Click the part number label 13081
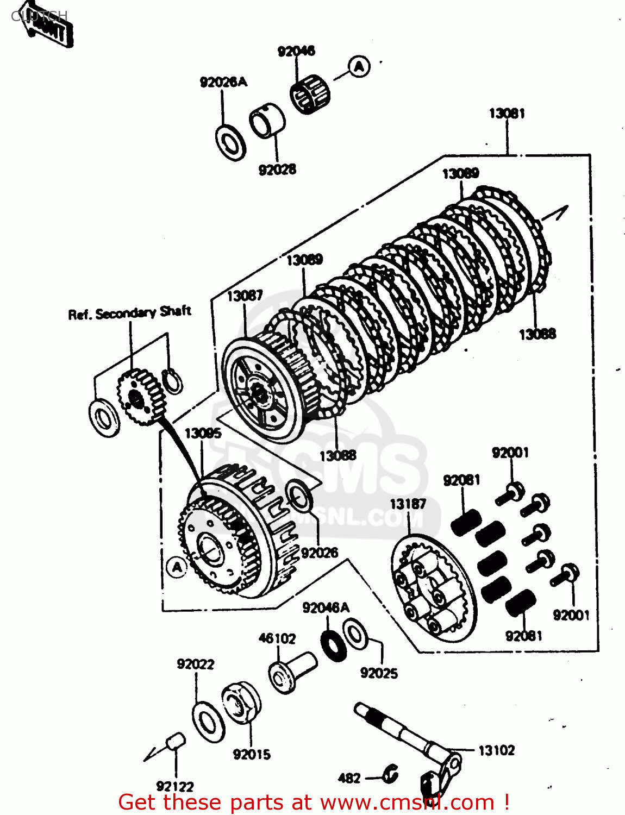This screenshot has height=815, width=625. [507, 113]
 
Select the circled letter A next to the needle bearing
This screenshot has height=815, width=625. [359, 67]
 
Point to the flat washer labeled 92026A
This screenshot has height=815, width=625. [231, 142]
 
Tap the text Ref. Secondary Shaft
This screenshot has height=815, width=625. [129, 313]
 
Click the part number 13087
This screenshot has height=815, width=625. [245, 296]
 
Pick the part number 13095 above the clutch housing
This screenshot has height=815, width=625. [203, 433]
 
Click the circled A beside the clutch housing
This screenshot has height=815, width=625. [177, 568]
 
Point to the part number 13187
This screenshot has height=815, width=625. [408, 504]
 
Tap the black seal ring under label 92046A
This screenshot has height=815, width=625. [333, 644]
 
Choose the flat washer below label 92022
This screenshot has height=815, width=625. [208, 722]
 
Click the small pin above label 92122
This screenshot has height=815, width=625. [175, 741]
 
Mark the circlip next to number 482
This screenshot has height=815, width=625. [390, 774]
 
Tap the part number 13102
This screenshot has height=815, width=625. [496, 750]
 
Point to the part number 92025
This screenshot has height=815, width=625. [379, 673]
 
